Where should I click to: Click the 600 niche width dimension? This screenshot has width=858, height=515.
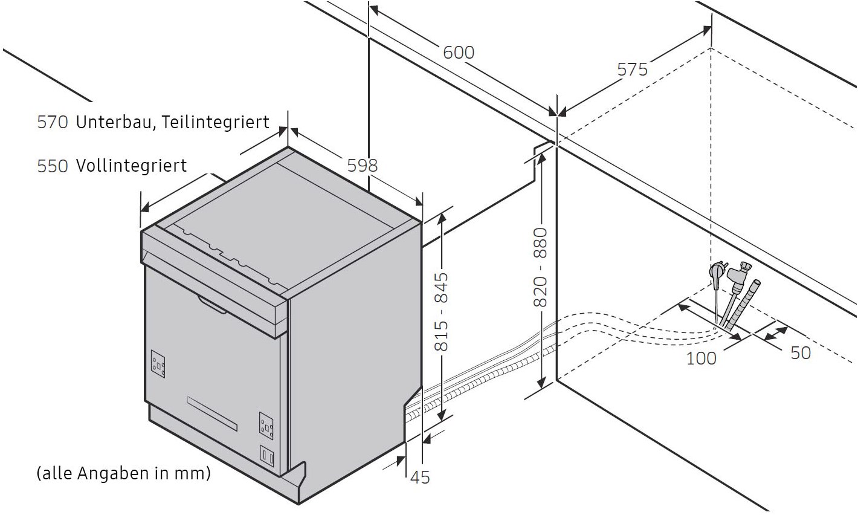coord(459,53)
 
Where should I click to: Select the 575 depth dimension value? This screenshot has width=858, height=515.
coord(632,70)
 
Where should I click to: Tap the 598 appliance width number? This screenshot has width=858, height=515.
coord(363,166)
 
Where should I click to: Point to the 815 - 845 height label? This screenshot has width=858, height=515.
coord(441,311)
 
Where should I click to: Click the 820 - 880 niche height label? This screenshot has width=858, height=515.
coord(540,267)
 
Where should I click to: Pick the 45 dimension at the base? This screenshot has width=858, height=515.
coord(420,478)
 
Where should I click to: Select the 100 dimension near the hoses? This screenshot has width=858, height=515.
coord(701,358)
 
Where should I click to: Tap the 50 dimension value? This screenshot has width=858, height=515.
coord(801,353)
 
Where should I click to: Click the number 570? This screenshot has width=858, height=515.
coord(53,122)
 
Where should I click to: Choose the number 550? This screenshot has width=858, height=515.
coord(53,166)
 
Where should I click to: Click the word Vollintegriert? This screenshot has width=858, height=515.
coord(131,166)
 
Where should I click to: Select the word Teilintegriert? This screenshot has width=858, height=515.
coord(215,122)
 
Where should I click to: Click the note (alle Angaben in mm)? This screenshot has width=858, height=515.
coord(124,473)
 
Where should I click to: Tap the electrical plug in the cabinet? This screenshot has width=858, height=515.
coord(717,274)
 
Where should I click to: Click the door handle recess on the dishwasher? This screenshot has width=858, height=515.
coord(212,304)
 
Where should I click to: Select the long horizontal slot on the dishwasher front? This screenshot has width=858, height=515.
coord(212,413)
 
